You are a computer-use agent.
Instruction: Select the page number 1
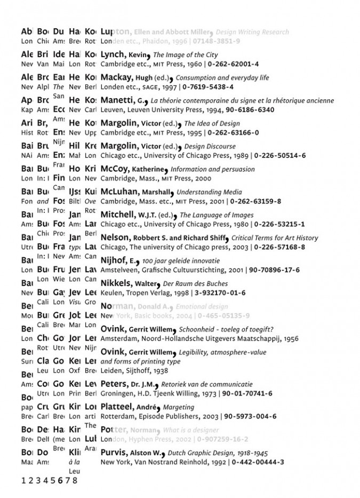[x=23, y=480]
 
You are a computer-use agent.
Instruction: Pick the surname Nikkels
[x=116, y=283]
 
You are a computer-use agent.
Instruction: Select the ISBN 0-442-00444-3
[x=258, y=462]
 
